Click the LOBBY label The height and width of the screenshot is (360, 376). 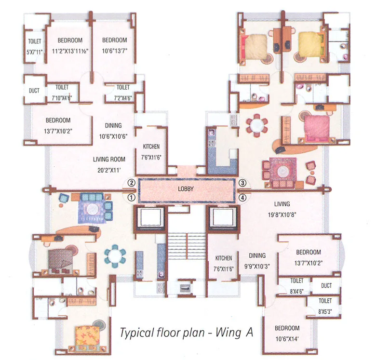[x=186, y=189]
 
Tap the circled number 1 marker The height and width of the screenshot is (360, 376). [x=130, y=197]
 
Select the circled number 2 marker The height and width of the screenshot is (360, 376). [x=130, y=183]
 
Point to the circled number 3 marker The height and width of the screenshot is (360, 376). [x=242, y=183]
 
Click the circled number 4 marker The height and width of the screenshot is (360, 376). [x=242, y=197]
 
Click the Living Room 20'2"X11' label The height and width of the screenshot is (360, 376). [x=109, y=164]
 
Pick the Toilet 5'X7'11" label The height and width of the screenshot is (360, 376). [x=34, y=46]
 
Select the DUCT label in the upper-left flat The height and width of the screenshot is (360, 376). [x=34, y=90]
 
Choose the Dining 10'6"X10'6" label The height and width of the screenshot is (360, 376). [x=113, y=130]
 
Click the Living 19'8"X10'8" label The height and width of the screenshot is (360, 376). [x=282, y=209]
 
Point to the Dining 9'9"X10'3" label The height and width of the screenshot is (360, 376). [x=258, y=261]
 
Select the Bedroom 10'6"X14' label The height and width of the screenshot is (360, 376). [x=287, y=333]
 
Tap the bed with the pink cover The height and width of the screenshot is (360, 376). [x=316, y=128]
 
